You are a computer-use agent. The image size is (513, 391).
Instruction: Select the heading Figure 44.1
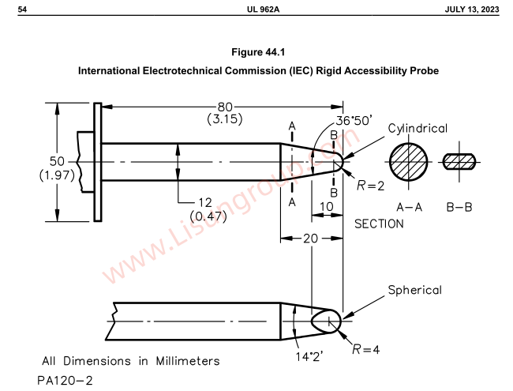tap(257, 52)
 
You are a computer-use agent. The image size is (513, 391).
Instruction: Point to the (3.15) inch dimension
tap(225, 120)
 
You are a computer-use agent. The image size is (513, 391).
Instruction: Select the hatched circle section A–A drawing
tap(409, 162)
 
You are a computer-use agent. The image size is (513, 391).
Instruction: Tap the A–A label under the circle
tap(409, 207)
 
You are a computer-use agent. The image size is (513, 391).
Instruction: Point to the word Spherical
tap(414, 290)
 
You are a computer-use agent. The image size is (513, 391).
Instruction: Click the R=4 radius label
tap(365, 349)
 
